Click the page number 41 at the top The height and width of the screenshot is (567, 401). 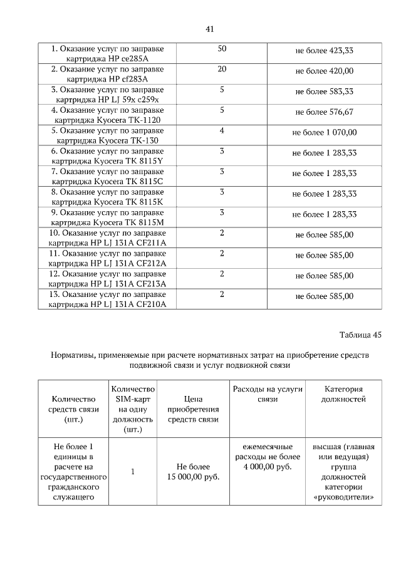point(210,29)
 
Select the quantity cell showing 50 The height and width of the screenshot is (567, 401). point(222,49)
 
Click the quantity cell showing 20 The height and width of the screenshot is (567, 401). point(222,69)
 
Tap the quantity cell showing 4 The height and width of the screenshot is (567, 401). point(222,130)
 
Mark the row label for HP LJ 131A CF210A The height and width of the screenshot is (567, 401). point(107,299)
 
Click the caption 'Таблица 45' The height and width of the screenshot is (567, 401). point(360,335)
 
